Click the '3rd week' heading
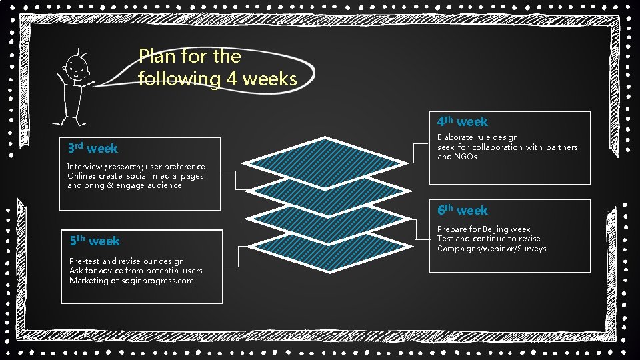[93, 148]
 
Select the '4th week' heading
[463, 121]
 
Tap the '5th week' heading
[95, 241]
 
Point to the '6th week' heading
[463, 210]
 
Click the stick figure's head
[75, 66]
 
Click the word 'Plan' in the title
[157, 56]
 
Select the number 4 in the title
[232, 79]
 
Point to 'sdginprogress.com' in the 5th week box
[158, 281]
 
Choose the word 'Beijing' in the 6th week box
[497, 229]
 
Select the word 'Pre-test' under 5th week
[85, 261]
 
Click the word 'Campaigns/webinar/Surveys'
[491, 249]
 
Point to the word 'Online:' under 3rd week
[81, 176]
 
